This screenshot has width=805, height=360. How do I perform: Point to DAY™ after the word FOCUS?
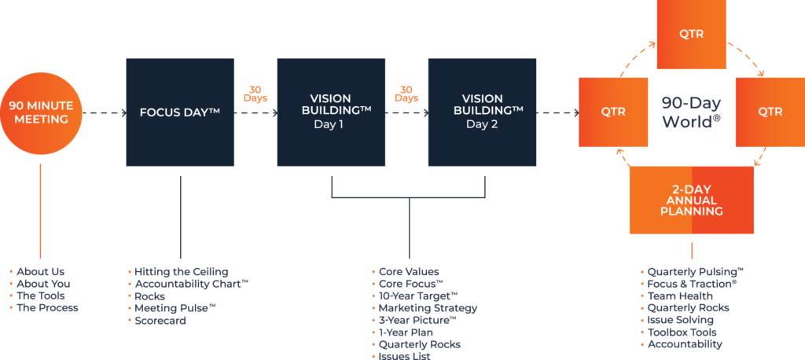(x=202, y=112)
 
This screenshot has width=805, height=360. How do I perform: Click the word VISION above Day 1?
(x=330, y=99)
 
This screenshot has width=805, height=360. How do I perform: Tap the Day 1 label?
(x=329, y=123)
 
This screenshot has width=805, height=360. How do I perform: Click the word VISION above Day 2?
(x=482, y=99)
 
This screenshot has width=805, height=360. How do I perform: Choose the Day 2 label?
(x=481, y=123)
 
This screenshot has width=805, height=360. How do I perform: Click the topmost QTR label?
(x=691, y=34)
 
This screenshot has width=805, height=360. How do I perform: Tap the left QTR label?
(x=613, y=112)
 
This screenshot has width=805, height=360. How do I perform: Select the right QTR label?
(x=770, y=112)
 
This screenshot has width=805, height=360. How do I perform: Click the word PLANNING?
(x=691, y=211)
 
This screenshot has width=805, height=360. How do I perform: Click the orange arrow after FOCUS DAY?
(x=259, y=98)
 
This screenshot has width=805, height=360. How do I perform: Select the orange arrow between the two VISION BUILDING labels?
(x=411, y=98)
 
